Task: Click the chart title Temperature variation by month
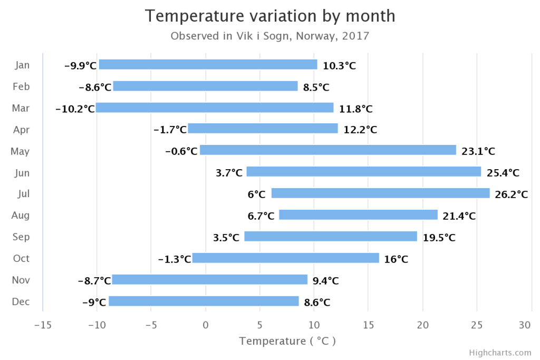tap(270, 16)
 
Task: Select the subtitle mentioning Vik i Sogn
tap(270, 36)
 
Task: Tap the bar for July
tap(380, 193)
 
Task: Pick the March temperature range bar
tap(215, 108)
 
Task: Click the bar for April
tap(263, 129)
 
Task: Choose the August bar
tap(358, 215)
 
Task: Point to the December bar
tap(204, 301)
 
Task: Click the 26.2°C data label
tap(511, 194)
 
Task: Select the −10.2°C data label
tap(75, 109)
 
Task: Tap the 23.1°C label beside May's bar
tap(478, 152)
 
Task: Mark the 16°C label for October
tap(396, 259)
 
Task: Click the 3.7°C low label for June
tap(229, 173)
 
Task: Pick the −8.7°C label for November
tap(94, 281)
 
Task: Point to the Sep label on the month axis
tap(21, 237)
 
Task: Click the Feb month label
tap(21, 87)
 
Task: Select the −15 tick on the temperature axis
tap(43, 325)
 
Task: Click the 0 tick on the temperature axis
tap(206, 325)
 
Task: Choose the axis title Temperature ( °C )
tap(287, 341)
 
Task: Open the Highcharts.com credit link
tap(500, 353)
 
